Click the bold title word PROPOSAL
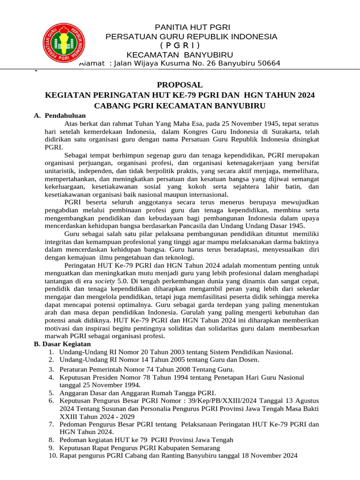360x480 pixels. [180, 85]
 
